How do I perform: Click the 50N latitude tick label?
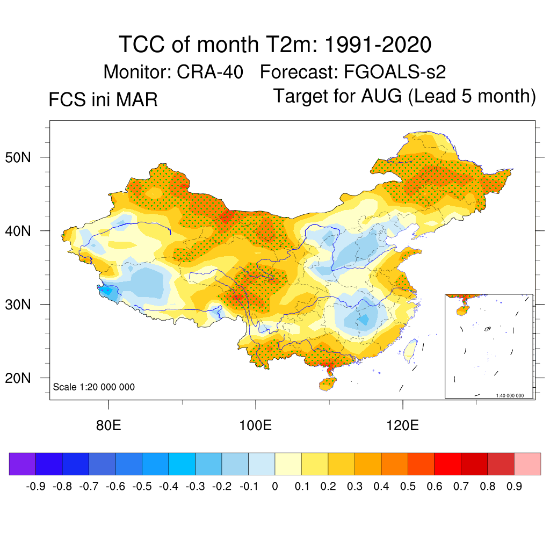point(23,158)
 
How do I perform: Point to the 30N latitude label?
point(23,305)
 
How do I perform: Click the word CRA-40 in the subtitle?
point(211,71)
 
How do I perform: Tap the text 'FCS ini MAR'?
point(103,99)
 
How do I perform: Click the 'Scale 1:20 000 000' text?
point(94,387)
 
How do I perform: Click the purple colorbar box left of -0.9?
point(23,464)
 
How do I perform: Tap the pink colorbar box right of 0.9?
point(527,464)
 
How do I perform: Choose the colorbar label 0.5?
point(408,486)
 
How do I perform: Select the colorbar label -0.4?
point(168,486)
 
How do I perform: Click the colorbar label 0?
point(275,486)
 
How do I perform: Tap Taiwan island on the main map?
point(411,349)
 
